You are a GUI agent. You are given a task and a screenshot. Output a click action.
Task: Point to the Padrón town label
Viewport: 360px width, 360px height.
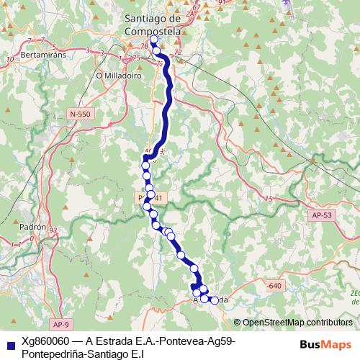(33, 225)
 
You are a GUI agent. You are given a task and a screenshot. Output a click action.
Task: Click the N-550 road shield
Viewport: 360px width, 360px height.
(82, 114)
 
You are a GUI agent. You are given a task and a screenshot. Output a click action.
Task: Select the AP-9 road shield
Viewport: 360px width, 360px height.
(61, 325)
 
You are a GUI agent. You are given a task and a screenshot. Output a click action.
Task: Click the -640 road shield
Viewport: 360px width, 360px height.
(273, 286)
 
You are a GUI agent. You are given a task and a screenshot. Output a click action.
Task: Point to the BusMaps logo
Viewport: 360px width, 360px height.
(325, 344)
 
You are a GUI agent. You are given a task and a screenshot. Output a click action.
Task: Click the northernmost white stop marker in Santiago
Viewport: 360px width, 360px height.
(153, 40)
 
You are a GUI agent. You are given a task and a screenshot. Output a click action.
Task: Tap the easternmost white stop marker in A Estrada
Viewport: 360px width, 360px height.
(214, 300)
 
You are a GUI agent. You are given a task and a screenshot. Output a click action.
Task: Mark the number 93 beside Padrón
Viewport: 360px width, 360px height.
(53, 230)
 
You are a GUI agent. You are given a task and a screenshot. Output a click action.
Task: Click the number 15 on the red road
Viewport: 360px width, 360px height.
(268, 199)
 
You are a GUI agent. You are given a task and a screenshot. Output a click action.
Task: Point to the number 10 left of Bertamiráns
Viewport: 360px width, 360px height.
(10, 59)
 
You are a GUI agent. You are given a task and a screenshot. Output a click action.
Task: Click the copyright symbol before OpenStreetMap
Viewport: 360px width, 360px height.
(237, 323)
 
